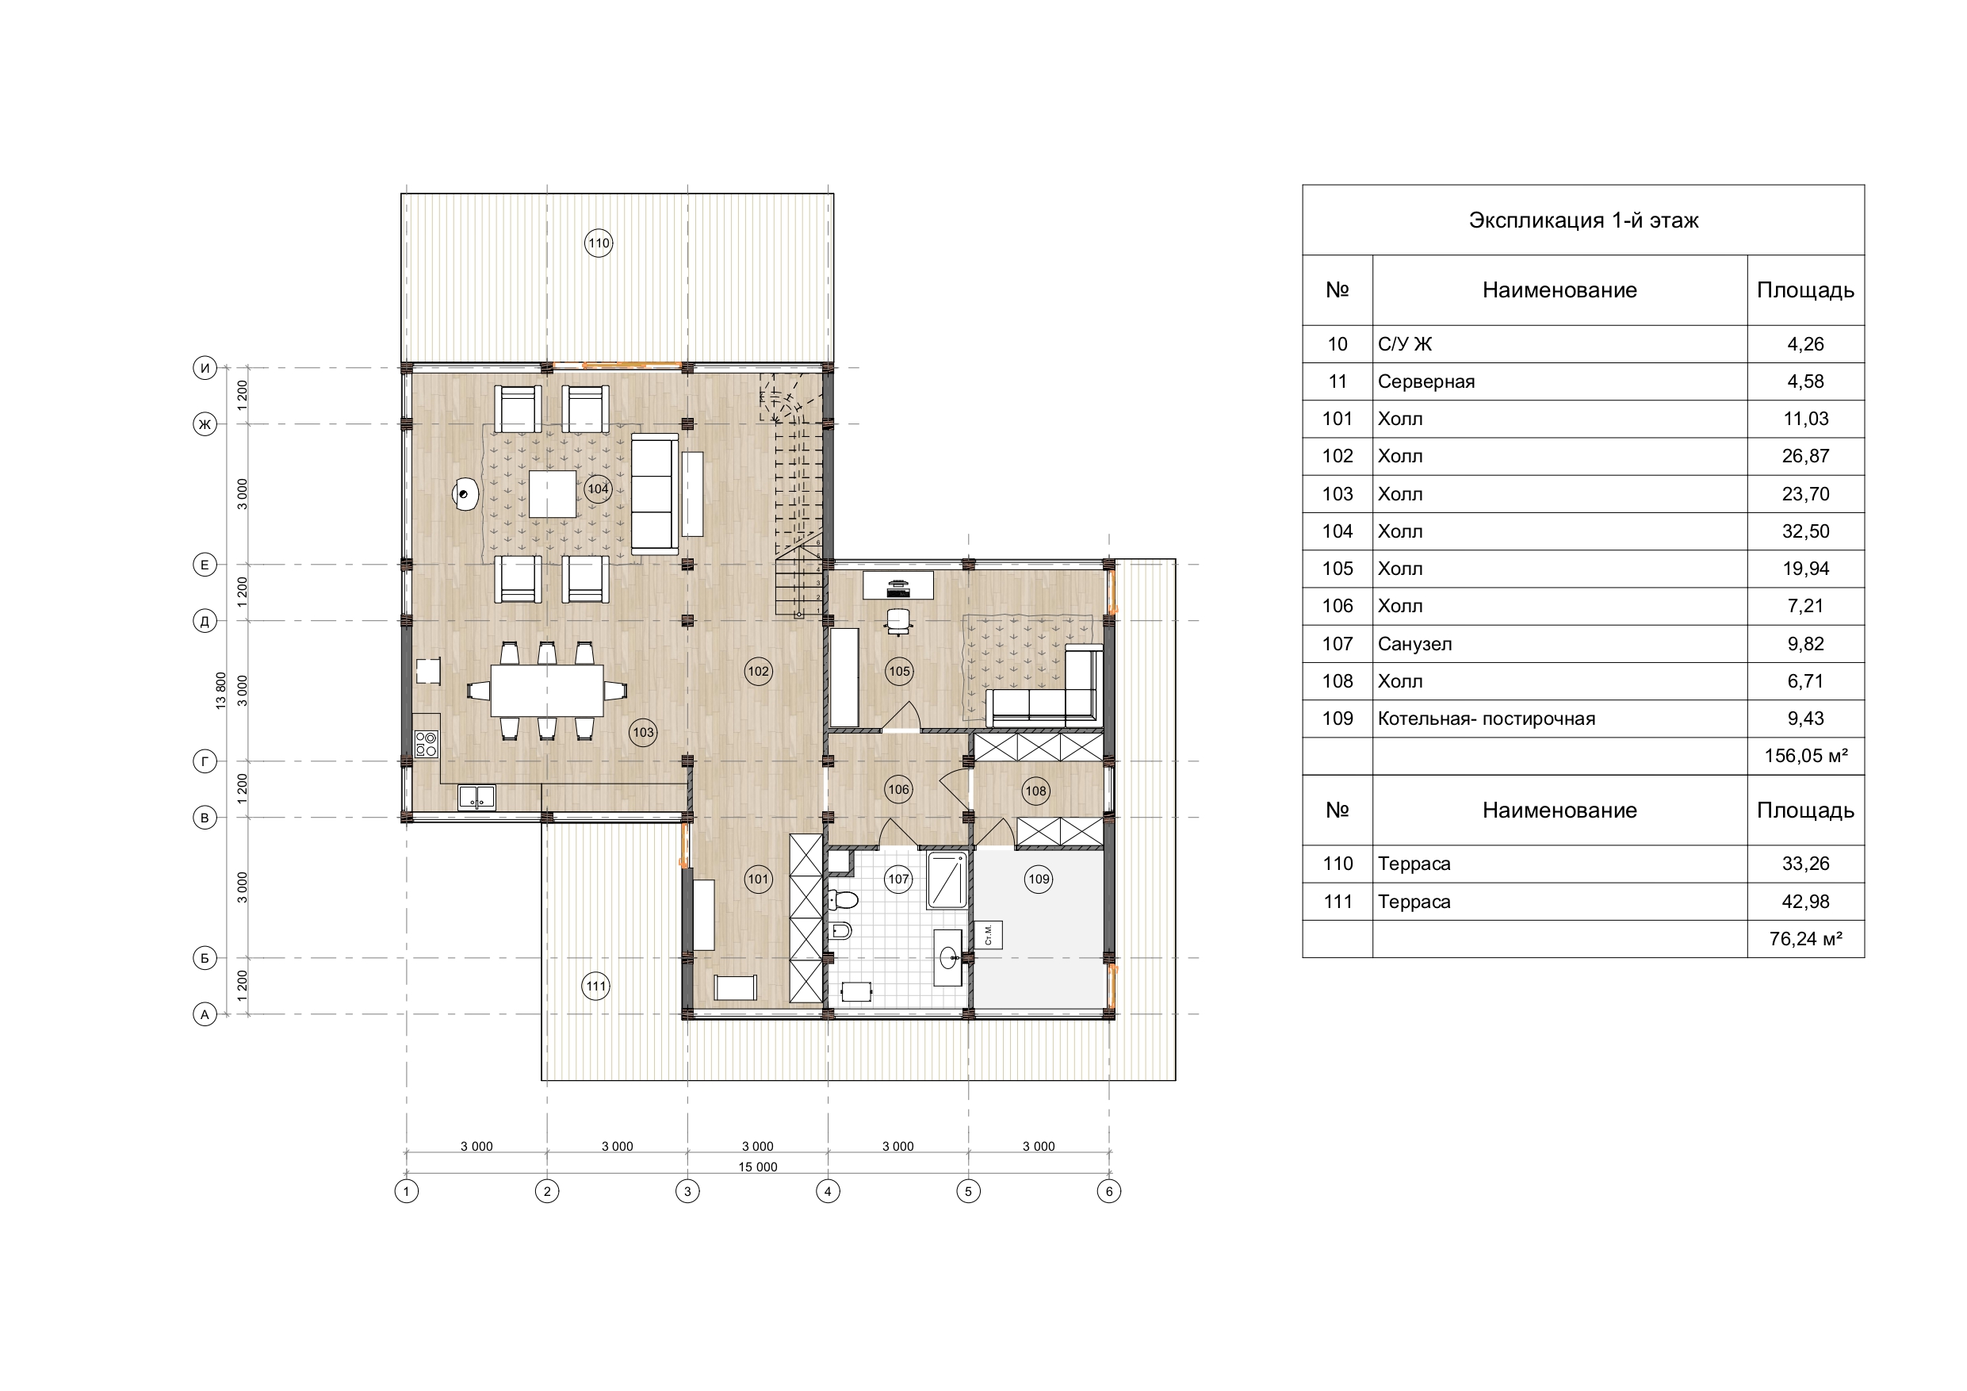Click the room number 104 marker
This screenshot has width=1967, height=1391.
598,489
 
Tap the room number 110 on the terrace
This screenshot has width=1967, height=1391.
598,243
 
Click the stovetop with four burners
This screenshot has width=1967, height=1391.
426,743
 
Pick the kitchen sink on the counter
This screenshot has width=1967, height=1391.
476,797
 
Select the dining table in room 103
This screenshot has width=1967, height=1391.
546,691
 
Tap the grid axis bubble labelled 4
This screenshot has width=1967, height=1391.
828,1191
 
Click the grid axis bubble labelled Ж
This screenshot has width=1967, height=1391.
205,424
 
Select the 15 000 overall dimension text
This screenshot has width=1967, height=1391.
758,1167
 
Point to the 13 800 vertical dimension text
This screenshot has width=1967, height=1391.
221,691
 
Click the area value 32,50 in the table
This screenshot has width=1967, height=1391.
1805,531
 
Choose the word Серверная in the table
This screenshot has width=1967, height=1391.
1426,381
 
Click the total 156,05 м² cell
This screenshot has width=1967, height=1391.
1805,756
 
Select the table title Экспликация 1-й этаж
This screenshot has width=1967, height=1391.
1583,220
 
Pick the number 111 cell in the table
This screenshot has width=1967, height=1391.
1337,902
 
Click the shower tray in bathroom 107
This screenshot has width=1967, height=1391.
947,880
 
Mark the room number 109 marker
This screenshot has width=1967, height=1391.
1039,879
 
